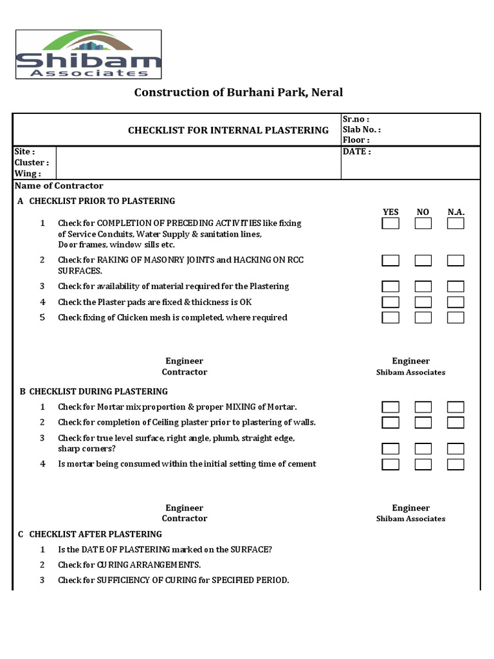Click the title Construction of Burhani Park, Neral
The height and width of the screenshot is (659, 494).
[x=238, y=92]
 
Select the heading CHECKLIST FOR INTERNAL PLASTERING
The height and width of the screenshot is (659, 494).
[x=228, y=130]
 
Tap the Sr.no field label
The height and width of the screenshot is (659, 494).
[x=356, y=120]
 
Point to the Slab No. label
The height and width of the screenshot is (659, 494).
[x=361, y=129]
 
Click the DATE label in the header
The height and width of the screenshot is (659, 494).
[x=356, y=152]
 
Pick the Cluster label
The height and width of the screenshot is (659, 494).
[x=32, y=163]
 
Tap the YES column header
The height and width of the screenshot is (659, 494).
[x=390, y=212]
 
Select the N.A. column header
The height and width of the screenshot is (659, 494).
[x=456, y=212]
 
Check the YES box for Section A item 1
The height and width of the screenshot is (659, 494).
[x=390, y=223]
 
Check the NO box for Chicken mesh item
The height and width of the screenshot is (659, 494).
[x=423, y=317]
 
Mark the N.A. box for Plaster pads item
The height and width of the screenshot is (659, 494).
[x=456, y=302]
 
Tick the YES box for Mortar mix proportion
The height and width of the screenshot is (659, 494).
[x=390, y=407]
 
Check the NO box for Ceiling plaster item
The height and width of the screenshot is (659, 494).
[x=423, y=422]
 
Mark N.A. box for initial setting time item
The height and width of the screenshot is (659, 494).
[x=456, y=464]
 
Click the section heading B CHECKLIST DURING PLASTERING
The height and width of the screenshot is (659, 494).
[x=93, y=391]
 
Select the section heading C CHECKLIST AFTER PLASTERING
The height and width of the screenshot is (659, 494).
[x=90, y=534]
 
